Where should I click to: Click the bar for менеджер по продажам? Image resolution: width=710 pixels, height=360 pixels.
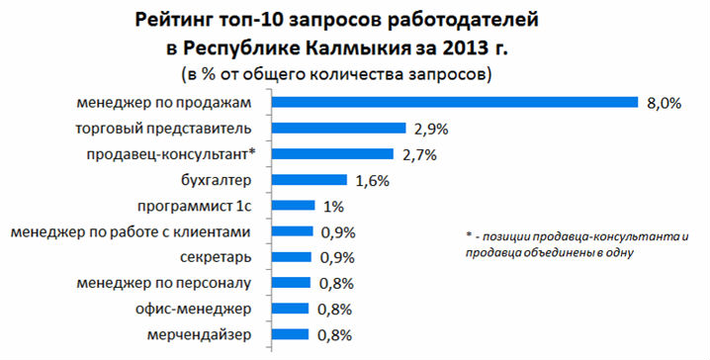pos(454,102)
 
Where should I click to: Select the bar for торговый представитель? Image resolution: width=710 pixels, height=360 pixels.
pos(339,128)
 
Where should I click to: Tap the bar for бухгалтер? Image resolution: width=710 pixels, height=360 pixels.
pos(310,180)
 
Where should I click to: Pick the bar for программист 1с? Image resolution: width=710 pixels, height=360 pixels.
pos(293,206)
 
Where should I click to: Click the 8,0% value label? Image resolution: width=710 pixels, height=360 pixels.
pos(665,103)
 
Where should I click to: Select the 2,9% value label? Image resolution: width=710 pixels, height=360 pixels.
pos(431,129)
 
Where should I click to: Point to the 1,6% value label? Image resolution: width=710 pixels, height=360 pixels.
pos(372,180)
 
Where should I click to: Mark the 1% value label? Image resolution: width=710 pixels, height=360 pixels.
pos(333,206)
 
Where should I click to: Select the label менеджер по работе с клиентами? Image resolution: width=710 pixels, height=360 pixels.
pos(137,231)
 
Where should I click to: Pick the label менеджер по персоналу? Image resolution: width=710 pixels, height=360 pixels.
pos(170,283)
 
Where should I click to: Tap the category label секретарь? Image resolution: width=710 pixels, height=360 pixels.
pos(224,257)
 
